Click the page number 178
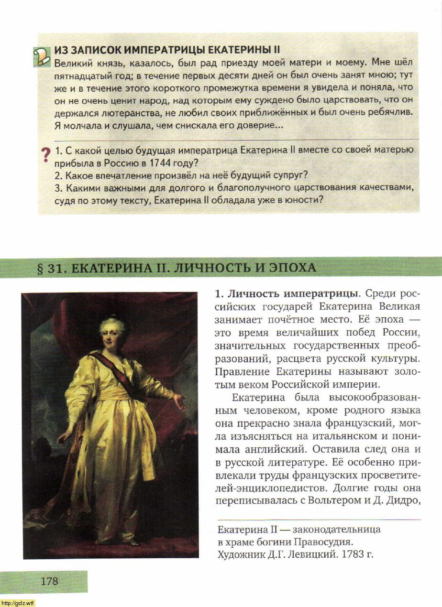point(49,581)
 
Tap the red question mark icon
point(45,155)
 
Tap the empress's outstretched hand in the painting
point(179,401)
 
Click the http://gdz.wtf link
point(18,603)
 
